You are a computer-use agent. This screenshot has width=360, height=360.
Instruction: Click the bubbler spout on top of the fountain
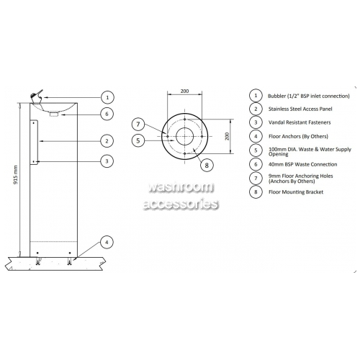click(37, 96)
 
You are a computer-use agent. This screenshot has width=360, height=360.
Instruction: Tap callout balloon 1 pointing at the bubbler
click(107, 97)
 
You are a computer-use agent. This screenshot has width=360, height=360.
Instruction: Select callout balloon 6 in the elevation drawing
click(107, 114)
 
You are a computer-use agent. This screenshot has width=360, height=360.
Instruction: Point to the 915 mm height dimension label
click(16, 174)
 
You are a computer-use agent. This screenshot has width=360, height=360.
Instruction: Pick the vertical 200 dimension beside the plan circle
click(228, 136)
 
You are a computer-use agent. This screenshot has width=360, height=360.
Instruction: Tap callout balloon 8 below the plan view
click(207, 165)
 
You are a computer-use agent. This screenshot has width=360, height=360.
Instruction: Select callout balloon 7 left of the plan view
click(138, 124)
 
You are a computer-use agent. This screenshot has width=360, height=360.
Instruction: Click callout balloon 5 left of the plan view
click(138, 140)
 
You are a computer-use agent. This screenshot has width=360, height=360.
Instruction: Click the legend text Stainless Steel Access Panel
click(300, 109)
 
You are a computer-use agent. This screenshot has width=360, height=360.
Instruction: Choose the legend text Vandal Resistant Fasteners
click(300, 122)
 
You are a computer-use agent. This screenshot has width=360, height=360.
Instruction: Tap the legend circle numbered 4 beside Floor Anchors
click(256, 136)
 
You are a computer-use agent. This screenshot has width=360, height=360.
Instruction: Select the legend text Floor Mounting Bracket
click(296, 192)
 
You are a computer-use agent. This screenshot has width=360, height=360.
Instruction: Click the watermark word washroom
click(181, 187)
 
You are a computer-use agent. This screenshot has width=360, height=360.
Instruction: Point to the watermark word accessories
click(181, 204)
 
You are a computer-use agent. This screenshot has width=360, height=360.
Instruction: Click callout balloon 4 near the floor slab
click(107, 242)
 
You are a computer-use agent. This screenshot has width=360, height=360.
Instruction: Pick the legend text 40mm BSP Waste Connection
click(303, 164)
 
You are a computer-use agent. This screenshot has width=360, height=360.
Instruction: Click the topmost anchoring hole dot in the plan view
click(184, 119)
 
